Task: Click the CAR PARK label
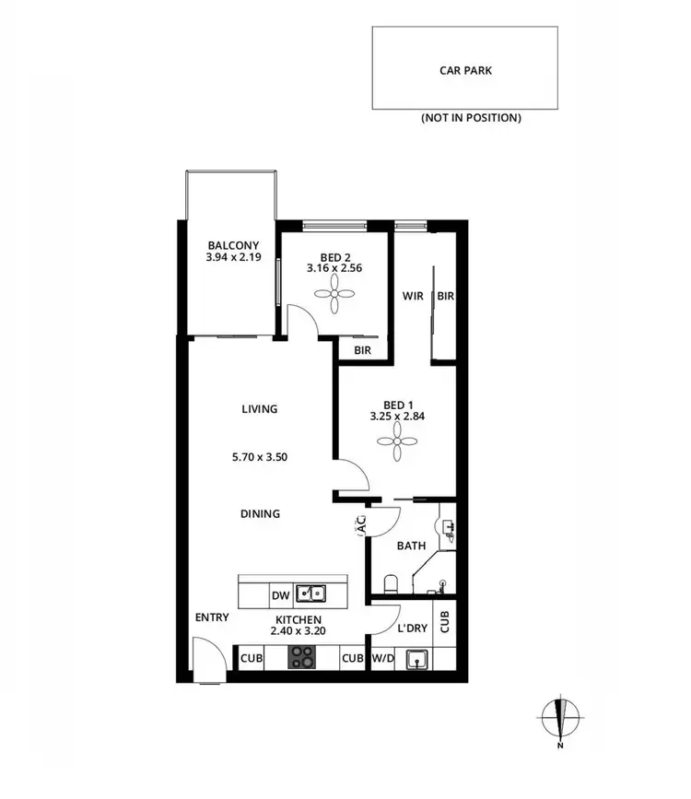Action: coord(465,69)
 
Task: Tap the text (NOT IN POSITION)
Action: coord(471,118)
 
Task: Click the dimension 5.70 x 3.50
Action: coord(260,455)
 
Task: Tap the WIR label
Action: coord(412,296)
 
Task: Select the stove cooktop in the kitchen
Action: coord(301,658)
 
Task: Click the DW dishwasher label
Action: coord(281,595)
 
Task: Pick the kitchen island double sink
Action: coord(310,594)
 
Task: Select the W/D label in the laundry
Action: coord(382,659)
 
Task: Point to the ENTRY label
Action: coord(212,617)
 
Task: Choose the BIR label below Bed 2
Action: coord(363,350)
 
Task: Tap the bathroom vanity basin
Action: coord(449,528)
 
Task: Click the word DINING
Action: coord(260,514)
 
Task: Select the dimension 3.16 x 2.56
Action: coord(334,269)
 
